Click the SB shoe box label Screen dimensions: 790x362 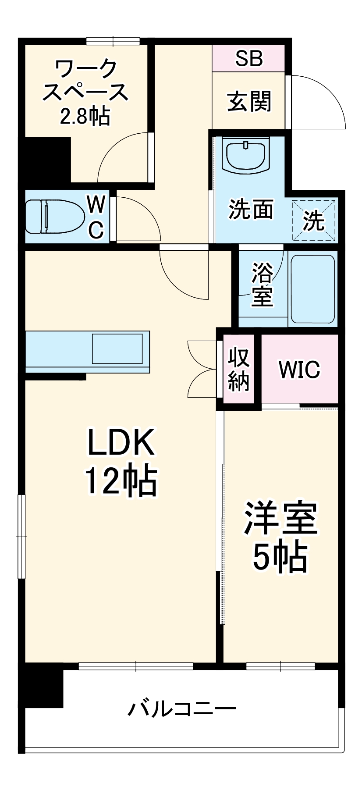[x=249, y=58]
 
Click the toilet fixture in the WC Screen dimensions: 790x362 [x=55, y=217]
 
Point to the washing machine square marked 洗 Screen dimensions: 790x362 [x=314, y=220]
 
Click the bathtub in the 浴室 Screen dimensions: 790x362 [x=313, y=289]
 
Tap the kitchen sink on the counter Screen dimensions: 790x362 [x=117, y=349]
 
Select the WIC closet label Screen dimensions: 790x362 [x=300, y=370]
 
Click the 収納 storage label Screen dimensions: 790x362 [x=239, y=369]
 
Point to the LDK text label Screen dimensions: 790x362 [x=121, y=442]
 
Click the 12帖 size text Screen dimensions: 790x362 [x=121, y=481]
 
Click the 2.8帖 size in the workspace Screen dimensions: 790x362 [x=85, y=116]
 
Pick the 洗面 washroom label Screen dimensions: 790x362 [x=251, y=209]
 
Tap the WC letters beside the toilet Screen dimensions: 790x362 [x=96, y=217]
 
